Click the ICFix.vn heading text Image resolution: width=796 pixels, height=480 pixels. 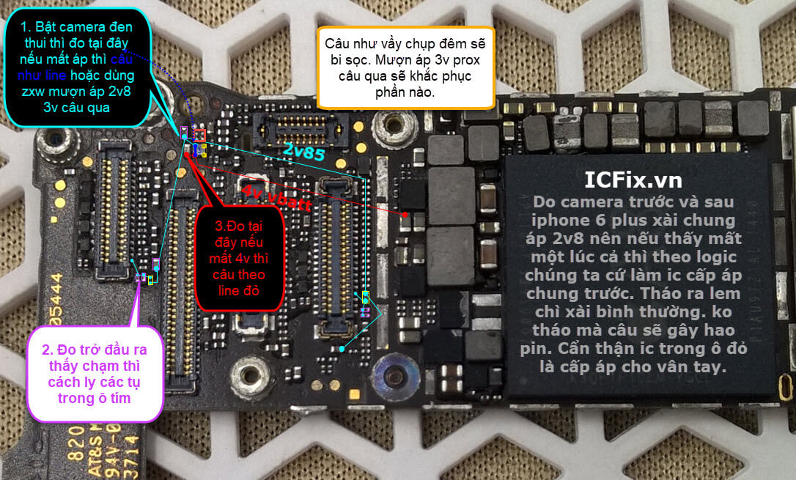pyautogui.click(x=633, y=179)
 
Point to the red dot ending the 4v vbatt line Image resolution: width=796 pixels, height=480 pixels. pyautogui.click(x=405, y=214)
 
